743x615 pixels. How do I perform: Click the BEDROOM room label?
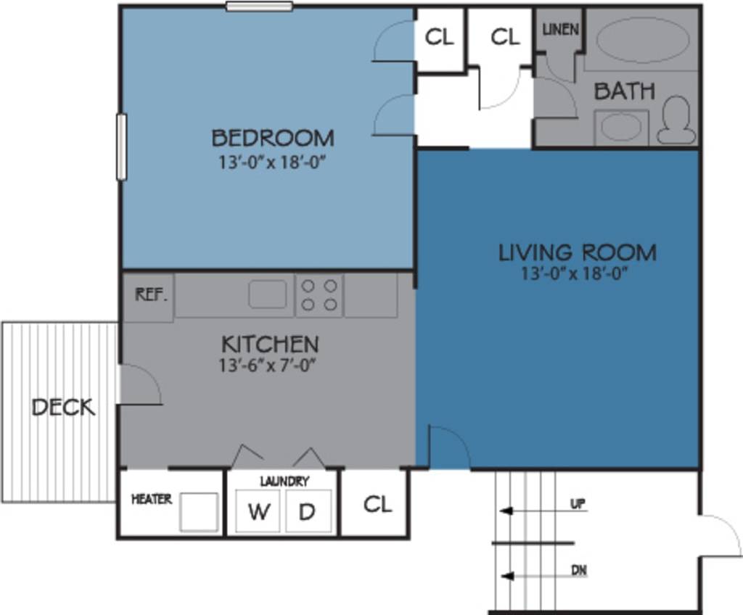point(273,137)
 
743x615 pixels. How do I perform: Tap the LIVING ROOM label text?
point(577,252)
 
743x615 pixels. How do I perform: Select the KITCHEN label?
point(269,343)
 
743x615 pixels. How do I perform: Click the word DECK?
point(63,407)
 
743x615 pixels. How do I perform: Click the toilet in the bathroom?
point(676,120)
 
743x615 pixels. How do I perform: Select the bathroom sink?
point(620,127)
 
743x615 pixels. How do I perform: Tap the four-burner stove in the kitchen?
point(319,294)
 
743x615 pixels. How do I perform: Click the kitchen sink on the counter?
point(268,294)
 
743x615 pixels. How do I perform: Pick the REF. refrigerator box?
point(151,295)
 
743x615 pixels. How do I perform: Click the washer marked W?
point(258,511)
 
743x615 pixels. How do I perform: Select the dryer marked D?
point(308,511)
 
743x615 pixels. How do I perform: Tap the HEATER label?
point(152,499)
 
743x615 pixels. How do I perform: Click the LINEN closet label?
point(561,30)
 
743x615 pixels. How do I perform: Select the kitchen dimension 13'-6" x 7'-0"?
point(269,366)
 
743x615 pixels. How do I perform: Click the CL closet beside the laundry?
point(377,504)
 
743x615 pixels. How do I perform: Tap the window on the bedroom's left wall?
point(121,146)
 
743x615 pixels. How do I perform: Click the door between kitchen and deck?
point(138,384)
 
